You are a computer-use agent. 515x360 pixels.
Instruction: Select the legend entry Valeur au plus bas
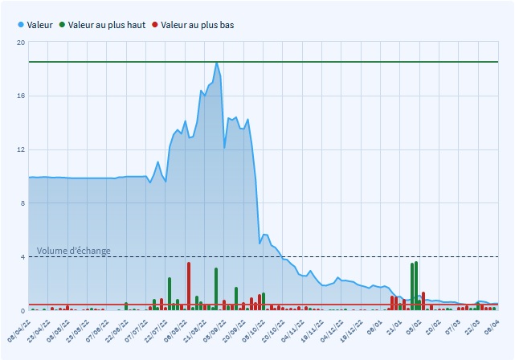coord(197,25)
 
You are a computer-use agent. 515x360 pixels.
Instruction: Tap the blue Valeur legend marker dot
coord(21,25)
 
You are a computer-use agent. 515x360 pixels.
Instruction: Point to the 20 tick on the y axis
coord(20,42)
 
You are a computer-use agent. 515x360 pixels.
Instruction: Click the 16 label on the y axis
coord(20,96)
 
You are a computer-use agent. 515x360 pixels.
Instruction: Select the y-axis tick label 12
coord(20,149)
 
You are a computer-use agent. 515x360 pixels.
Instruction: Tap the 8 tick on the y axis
coord(22,203)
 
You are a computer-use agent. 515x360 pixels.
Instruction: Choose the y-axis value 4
coord(22,257)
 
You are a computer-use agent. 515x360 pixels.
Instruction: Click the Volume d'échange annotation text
coord(73,252)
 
